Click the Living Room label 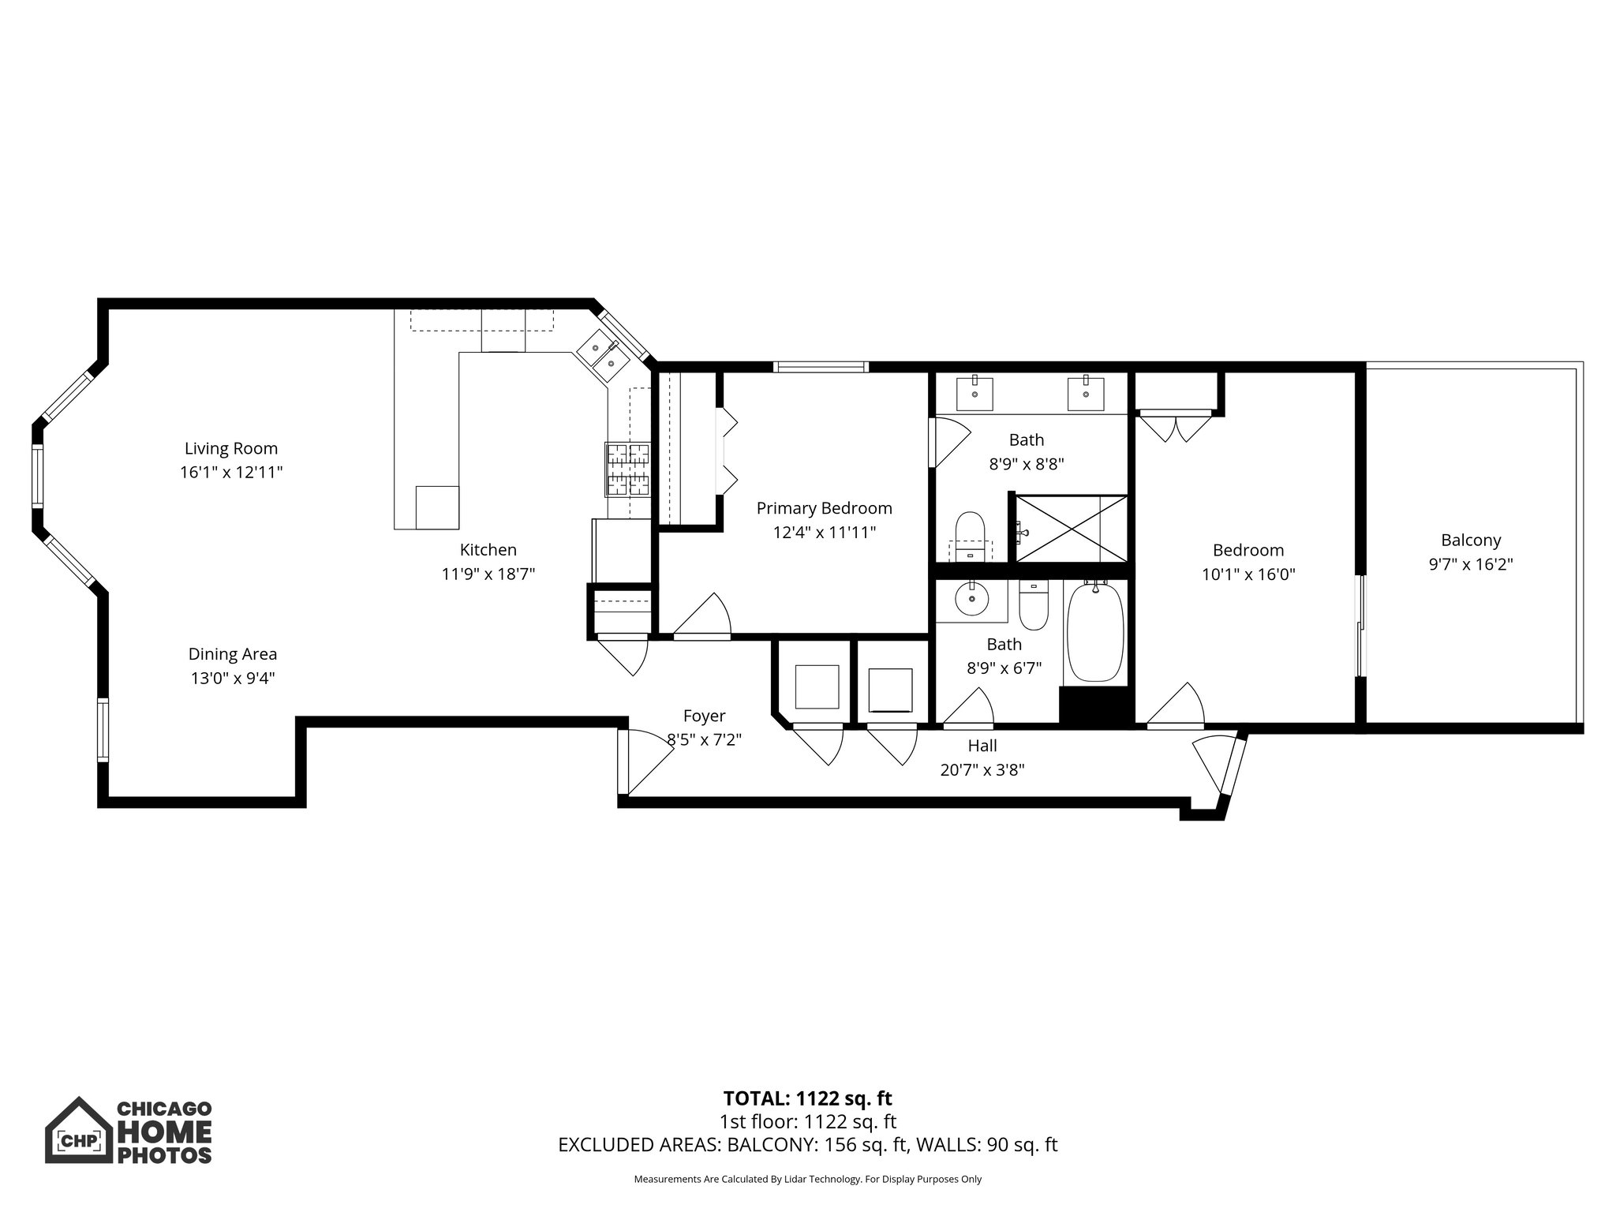pos(231,448)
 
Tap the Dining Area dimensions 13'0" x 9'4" pos(232,678)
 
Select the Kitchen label pos(488,550)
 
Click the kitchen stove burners pos(628,469)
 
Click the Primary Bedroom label pos(824,508)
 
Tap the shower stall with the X pos(1071,529)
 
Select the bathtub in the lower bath pos(1095,632)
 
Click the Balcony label pos(1471,541)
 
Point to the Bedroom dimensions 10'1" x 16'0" pos(1248,574)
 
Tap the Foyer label pos(704,716)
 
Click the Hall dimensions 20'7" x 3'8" pos(982,770)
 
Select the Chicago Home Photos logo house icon pos(78,1130)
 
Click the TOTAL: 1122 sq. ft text pos(807,1098)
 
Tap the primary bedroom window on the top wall pos(821,366)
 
